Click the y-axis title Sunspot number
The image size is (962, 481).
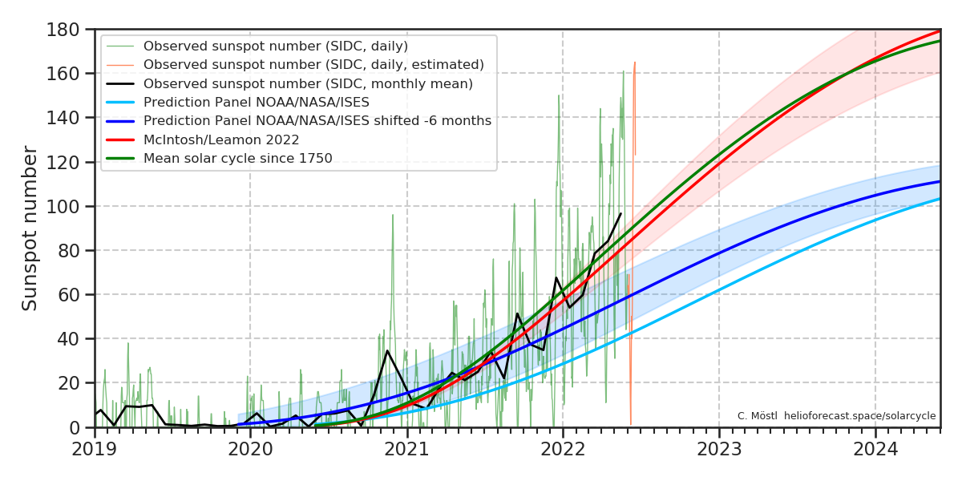[x=30, y=228]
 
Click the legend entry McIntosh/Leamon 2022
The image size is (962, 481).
[x=221, y=139]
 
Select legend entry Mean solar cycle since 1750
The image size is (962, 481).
[x=237, y=158]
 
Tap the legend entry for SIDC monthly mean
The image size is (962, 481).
[x=308, y=83]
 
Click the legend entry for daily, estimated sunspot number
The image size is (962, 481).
[x=313, y=64]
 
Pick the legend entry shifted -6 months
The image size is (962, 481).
[x=317, y=121]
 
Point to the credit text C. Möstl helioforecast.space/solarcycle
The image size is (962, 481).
[x=836, y=416]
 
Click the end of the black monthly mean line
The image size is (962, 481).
[x=620, y=213]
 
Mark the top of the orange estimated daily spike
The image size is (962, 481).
[x=635, y=63]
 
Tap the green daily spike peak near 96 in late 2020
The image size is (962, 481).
[x=393, y=215]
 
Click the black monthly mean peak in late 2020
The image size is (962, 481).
[x=387, y=350]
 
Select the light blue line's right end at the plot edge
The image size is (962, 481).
[x=939, y=199]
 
